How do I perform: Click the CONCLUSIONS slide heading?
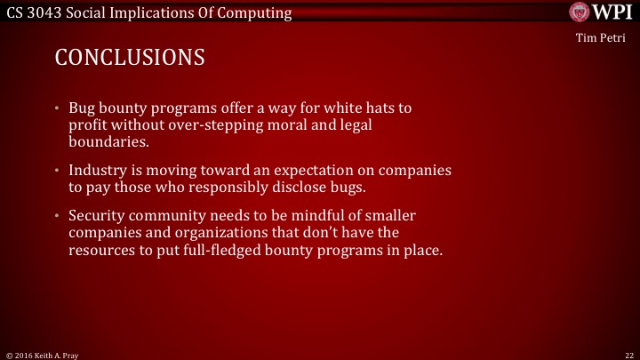[130, 58]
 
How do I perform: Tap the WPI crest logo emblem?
[579, 12]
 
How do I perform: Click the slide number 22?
[628, 353]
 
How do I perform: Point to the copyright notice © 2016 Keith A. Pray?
[43, 353]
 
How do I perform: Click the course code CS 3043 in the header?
[33, 12]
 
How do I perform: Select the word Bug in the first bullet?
[83, 108]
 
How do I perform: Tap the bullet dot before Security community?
[58, 215]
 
